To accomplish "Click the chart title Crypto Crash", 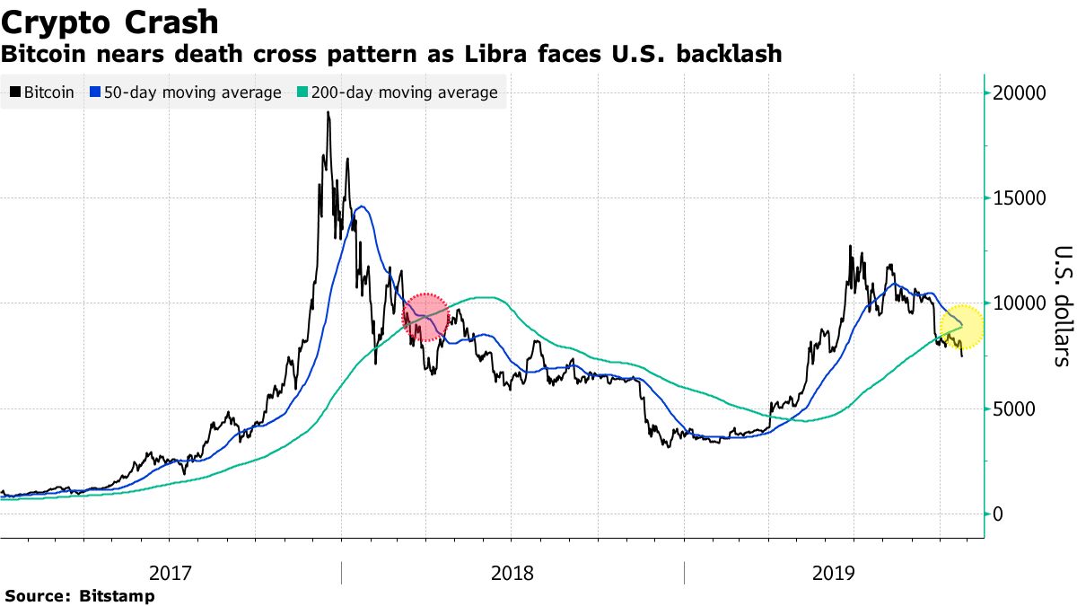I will click(109, 21).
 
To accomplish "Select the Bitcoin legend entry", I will click(42, 92).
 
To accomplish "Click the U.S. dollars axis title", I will click(1062, 305).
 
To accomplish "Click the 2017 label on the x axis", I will click(170, 573).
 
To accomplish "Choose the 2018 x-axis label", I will click(512, 573).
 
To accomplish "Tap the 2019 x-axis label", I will click(834, 573).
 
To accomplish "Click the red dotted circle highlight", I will click(425, 318).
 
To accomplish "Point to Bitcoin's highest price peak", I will click(328, 113).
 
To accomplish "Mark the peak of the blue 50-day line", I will click(361, 206).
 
